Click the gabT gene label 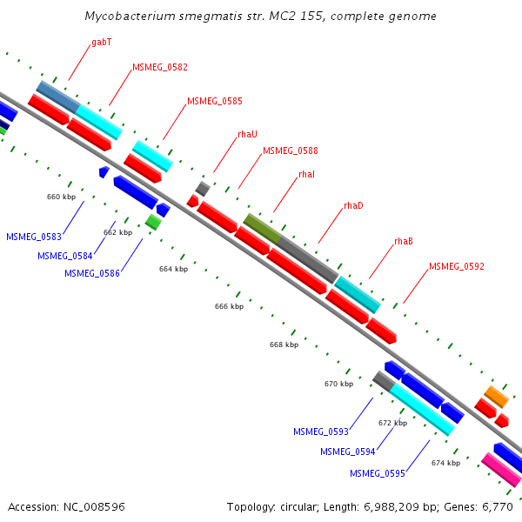tap(101, 42)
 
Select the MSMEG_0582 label tap(160, 67)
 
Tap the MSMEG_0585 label tap(215, 101)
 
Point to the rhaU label tap(247, 134)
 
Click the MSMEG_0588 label tap(290, 151)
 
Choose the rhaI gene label tap(306, 174)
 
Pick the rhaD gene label tap(353, 205)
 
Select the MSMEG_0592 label tap(457, 266)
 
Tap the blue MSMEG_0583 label tap(34, 237)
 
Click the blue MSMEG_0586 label tap(92, 273)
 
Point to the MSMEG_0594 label tap(348, 452)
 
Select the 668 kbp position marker tap(284, 345)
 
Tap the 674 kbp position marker tap(445, 463)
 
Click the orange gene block tap(497, 396)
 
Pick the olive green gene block tap(262, 228)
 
